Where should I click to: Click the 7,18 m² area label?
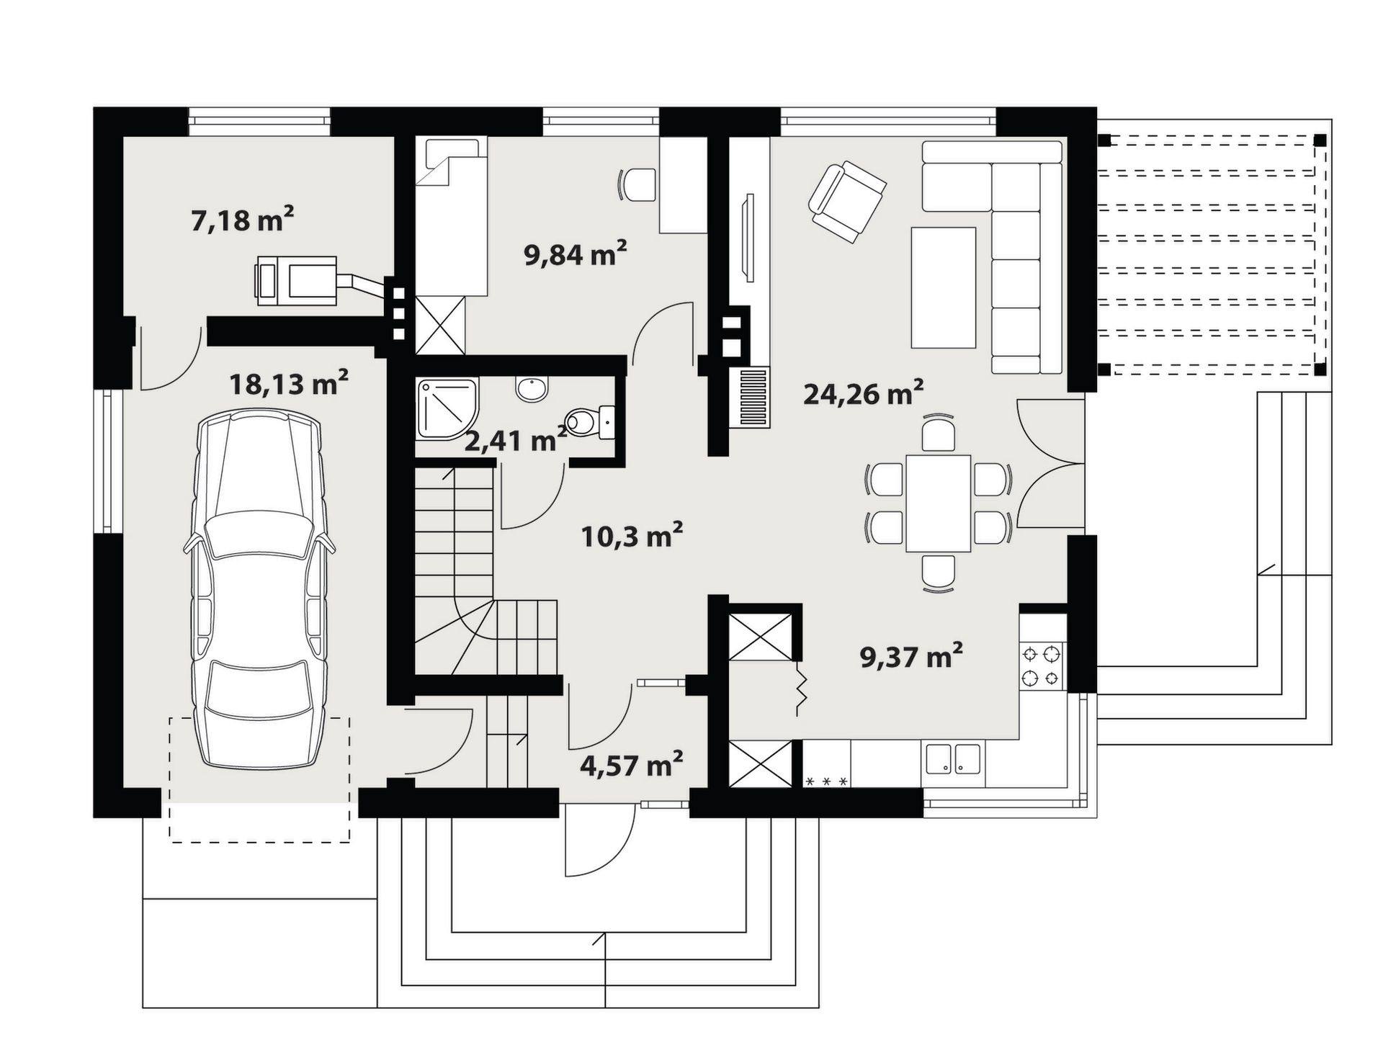[x=242, y=219]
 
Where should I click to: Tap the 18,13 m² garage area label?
[x=289, y=383]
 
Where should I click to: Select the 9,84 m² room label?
[x=575, y=254]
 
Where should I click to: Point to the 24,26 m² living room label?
[x=863, y=393]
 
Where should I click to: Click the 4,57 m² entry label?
[x=631, y=764]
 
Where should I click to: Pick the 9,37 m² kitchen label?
[x=911, y=656]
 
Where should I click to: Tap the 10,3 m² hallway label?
[x=632, y=535]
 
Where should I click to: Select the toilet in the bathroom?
[x=590, y=422]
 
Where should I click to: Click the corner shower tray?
[x=447, y=409]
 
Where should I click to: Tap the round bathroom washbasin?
[x=532, y=388]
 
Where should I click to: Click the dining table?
[x=938, y=502]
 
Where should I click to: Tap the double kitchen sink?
[x=953, y=759]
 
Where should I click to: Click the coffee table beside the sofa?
[x=943, y=287]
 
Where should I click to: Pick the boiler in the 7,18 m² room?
[x=296, y=280]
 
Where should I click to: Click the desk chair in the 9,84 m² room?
[x=637, y=185]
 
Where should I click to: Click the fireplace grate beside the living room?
[x=749, y=398]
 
